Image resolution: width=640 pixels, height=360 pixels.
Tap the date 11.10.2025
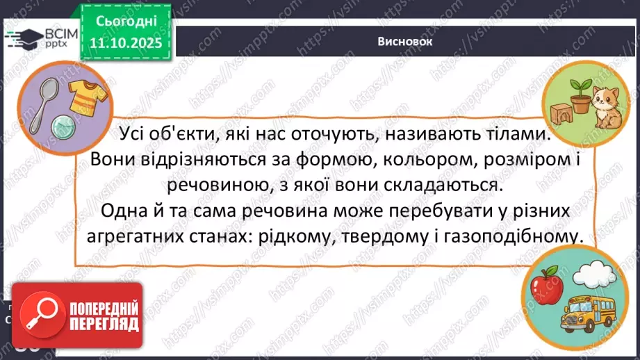(126, 42)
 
